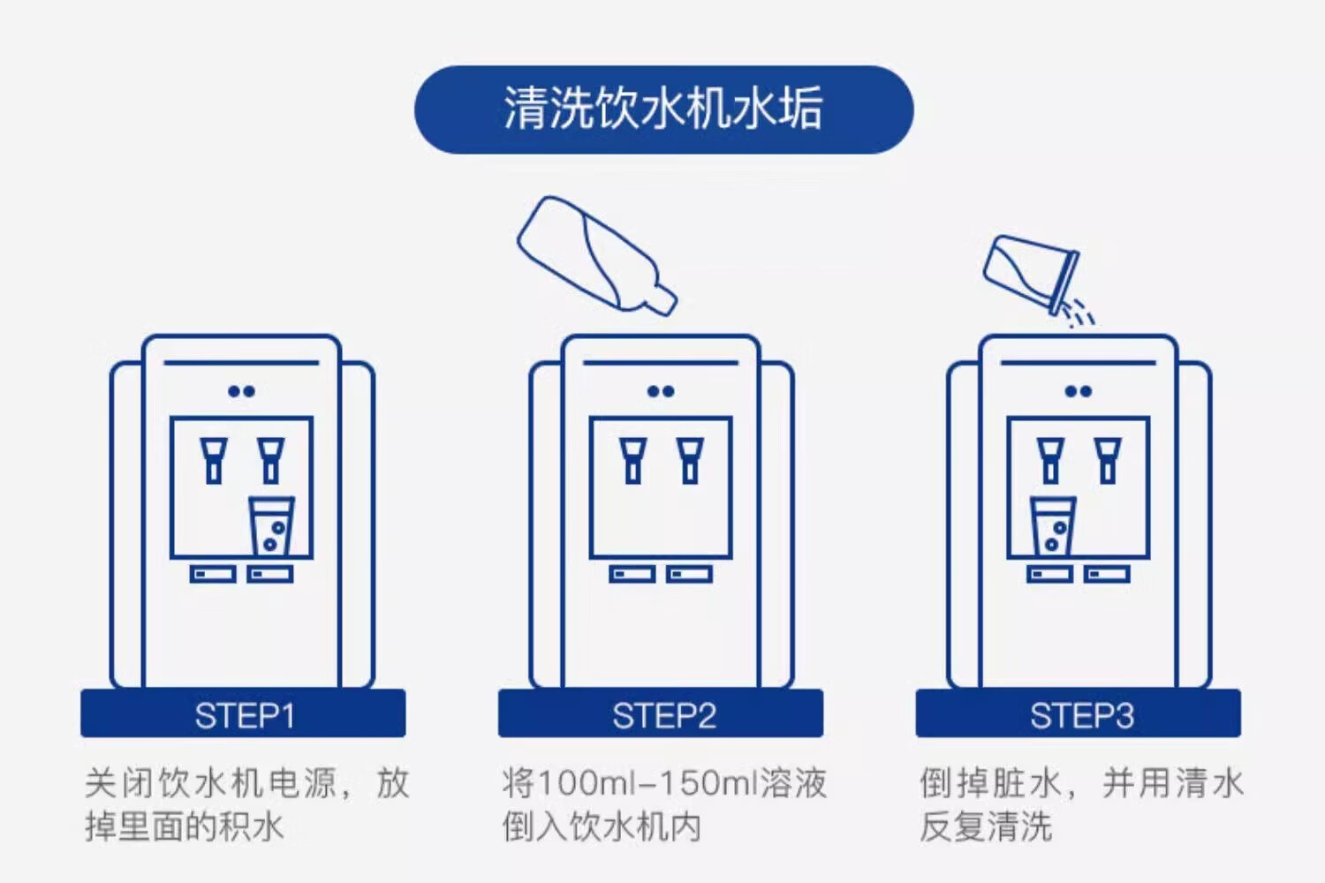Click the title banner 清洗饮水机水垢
663,110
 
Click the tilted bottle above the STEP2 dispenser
597,255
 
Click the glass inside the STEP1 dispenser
271,526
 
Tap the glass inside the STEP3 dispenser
1053,526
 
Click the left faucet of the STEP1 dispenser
214,461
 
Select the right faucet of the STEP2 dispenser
690,461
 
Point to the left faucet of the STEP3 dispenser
1050,461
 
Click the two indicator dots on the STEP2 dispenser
661,391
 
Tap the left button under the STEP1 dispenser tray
213,574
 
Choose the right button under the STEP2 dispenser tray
689,574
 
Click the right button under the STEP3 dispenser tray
1107,574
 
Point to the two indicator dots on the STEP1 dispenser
241,391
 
